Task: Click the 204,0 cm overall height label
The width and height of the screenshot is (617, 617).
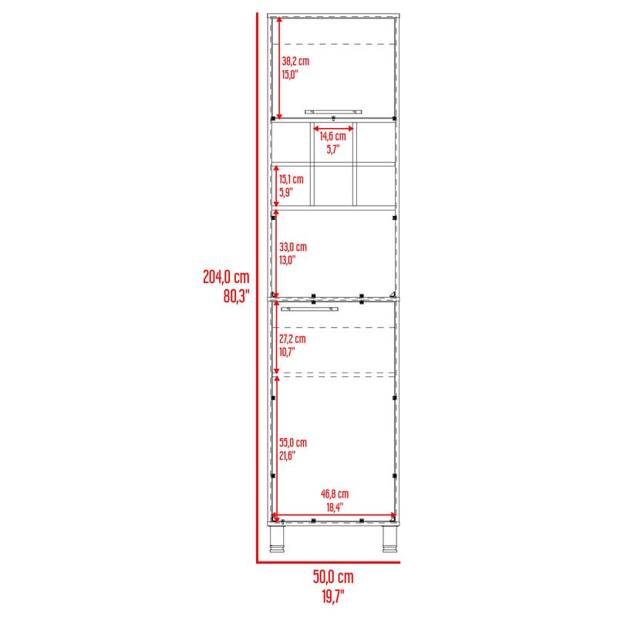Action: (x=226, y=277)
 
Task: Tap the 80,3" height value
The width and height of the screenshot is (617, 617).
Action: (x=237, y=296)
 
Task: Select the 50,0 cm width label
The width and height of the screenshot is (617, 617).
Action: (x=333, y=577)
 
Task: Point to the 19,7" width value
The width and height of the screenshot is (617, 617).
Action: (x=333, y=596)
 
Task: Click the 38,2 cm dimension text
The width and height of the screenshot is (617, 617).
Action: (x=295, y=61)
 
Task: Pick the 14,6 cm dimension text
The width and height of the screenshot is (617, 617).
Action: (x=333, y=137)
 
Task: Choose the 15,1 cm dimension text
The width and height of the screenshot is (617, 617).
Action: (x=292, y=180)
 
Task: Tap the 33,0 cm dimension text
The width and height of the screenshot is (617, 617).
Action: (x=293, y=247)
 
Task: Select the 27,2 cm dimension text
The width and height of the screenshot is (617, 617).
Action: (x=293, y=339)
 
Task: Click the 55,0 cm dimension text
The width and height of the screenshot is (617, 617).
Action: (x=293, y=443)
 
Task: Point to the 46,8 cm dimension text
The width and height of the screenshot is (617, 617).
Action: (x=335, y=494)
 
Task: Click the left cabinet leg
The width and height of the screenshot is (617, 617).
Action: (x=277, y=538)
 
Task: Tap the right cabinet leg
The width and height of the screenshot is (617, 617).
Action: (x=390, y=538)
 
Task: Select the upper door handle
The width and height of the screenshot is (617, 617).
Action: (x=333, y=112)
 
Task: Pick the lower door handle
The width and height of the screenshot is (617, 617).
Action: (x=310, y=309)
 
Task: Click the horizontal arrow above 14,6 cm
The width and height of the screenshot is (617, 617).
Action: (x=333, y=129)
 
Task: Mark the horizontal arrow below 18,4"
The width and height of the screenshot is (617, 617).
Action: (x=334, y=514)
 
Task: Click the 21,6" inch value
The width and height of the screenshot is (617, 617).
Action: (x=288, y=456)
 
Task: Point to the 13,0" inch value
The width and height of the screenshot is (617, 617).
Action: (x=288, y=260)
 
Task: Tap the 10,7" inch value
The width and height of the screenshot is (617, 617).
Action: (x=287, y=352)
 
